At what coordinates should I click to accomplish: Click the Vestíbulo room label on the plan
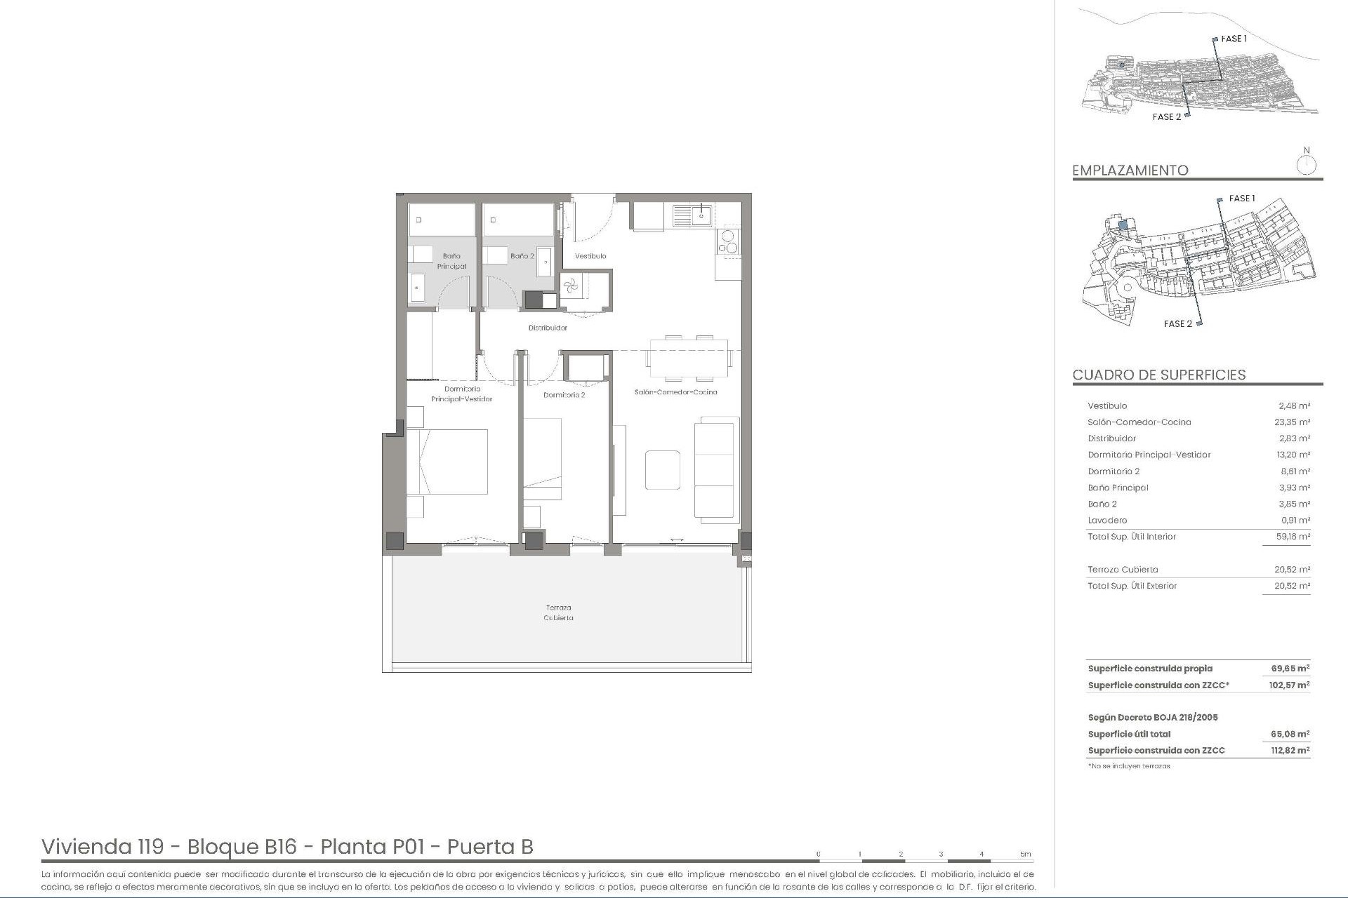click(590, 256)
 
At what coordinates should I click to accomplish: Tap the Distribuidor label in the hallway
click(548, 328)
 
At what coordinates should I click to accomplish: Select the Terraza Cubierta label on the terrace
click(559, 612)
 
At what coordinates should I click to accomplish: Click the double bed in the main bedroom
click(448, 462)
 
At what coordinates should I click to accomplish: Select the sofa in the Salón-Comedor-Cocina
click(716, 468)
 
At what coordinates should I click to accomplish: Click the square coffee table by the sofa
click(662, 469)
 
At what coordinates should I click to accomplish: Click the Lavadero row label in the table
click(1107, 521)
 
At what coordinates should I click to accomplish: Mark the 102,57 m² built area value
click(1289, 685)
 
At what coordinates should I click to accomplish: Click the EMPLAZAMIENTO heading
click(1130, 170)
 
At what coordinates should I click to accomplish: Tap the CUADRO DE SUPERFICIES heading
click(1159, 375)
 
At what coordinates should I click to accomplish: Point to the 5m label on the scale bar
click(1025, 855)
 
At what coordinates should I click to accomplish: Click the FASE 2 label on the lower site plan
click(1177, 323)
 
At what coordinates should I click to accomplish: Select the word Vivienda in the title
click(82, 847)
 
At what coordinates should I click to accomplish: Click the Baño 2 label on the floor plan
click(522, 256)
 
